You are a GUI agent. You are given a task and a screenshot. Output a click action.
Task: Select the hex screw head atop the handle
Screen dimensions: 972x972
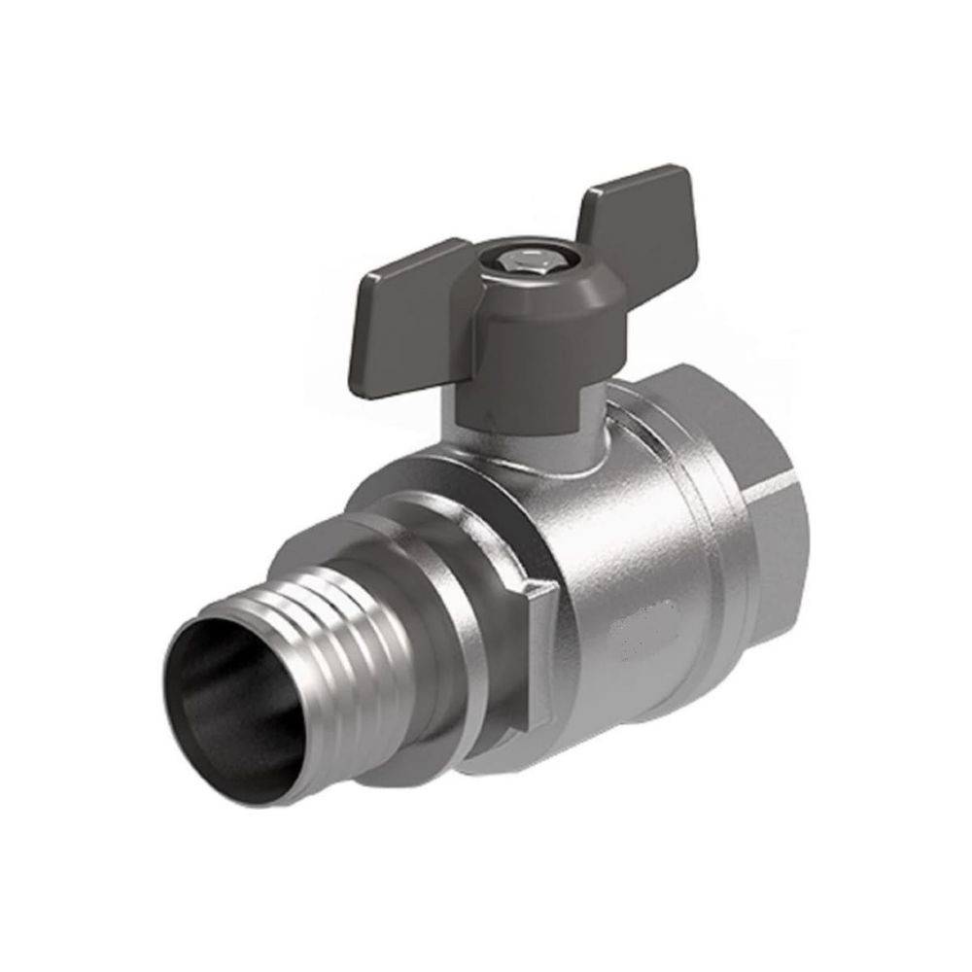[514, 262]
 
